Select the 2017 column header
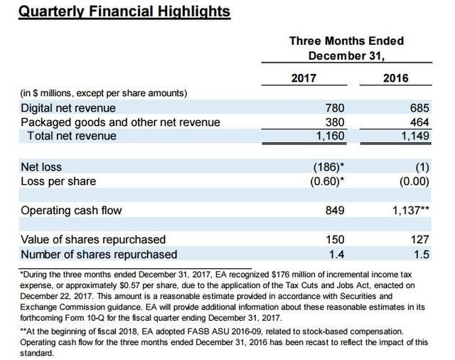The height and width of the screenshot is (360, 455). [x=304, y=78]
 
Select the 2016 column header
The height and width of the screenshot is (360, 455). [x=396, y=78]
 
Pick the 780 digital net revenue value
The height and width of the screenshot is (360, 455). [x=334, y=108]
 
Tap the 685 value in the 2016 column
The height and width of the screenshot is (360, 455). [x=419, y=108]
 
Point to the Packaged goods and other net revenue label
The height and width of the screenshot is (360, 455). [x=120, y=122]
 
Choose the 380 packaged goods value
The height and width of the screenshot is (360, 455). [x=334, y=122]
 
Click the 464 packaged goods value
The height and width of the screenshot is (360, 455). [x=419, y=122]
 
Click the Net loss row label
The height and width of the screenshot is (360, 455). [x=41, y=167]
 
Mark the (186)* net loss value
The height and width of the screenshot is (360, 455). [x=329, y=167]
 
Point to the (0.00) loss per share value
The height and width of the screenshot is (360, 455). [x=413, y=181]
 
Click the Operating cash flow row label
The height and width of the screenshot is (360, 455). [x=71, y=211]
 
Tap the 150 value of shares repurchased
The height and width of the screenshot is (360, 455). [x=334, y=240]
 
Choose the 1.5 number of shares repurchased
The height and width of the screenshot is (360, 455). [x=422, y=254]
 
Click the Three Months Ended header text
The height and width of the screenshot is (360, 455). [x=346, y=41]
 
